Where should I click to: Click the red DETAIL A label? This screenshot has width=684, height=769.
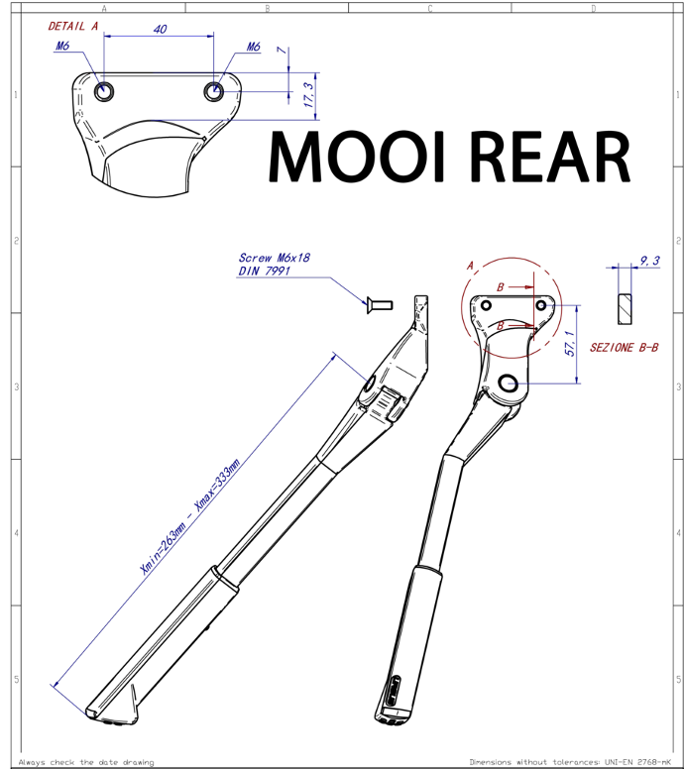(73, 26)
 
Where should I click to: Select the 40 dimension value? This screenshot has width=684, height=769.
(160, 30)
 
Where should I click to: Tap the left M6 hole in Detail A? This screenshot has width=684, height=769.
(104, 91)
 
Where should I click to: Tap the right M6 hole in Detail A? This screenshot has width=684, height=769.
(213, 91)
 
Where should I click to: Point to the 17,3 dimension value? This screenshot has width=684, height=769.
(308, 95)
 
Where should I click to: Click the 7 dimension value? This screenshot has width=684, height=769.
(282, 50)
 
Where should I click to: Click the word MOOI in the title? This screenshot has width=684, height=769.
(357, 157)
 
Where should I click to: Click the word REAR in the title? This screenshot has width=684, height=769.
(550, 157)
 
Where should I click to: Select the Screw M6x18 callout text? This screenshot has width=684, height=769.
(275, 258)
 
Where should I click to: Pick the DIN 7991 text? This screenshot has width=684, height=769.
(264, 271)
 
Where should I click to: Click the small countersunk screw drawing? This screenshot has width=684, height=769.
(380, 305)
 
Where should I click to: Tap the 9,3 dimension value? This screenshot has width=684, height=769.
(649, 261)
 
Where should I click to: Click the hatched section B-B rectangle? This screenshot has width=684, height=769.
(625, 309)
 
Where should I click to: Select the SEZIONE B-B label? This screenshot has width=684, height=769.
(624, 348)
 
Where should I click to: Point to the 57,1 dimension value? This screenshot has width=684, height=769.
(569, 343)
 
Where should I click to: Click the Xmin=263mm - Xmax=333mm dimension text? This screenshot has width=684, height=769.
(190, 516)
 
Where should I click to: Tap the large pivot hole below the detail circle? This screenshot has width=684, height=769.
(509, 383)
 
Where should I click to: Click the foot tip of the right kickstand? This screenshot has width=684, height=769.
(391, 719)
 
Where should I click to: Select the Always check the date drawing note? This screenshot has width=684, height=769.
(86, 762)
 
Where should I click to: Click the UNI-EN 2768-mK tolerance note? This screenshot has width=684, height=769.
(637, 762)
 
